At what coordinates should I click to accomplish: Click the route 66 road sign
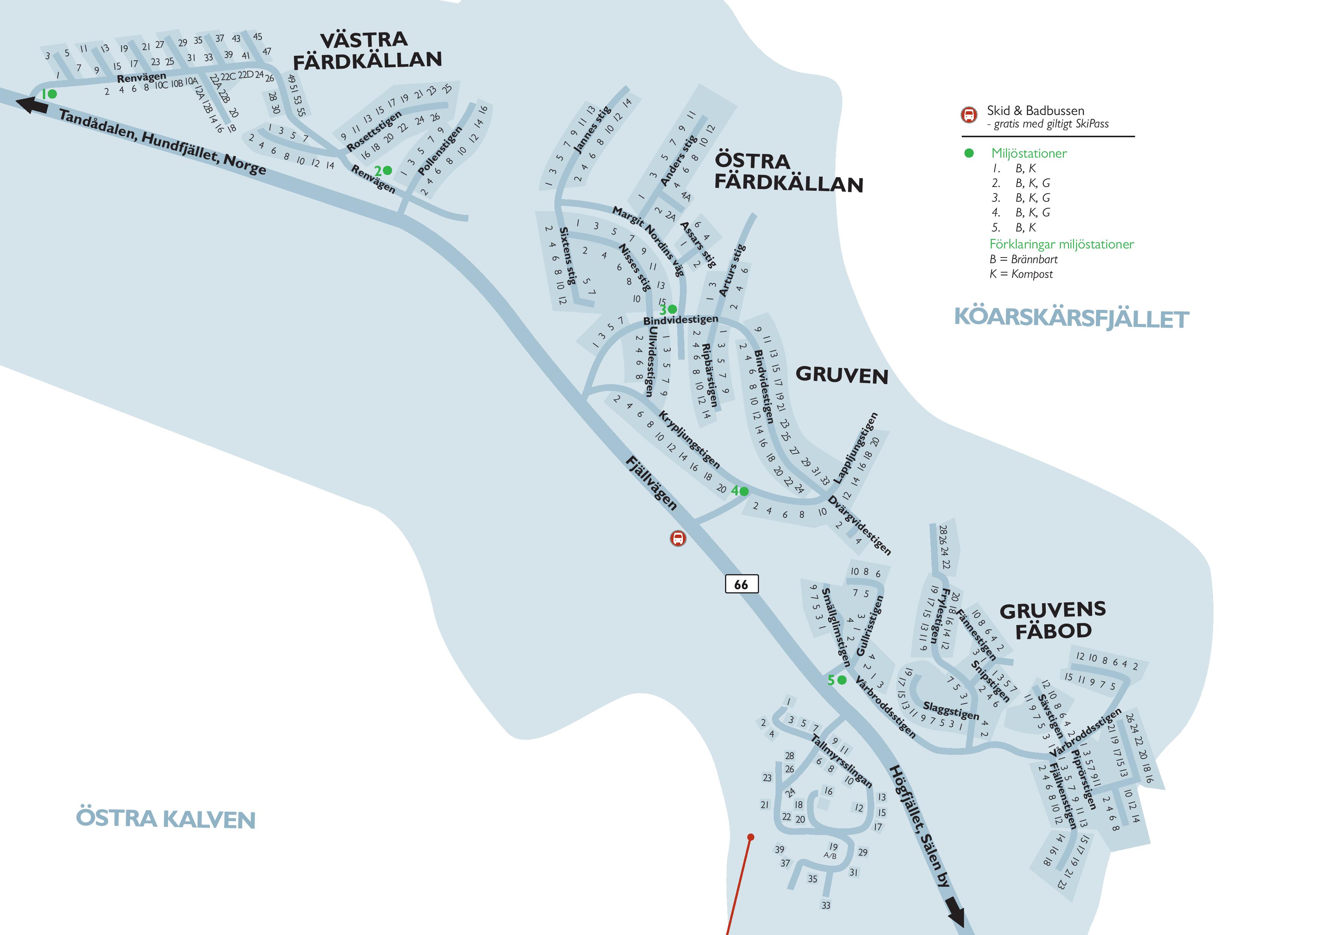(741, 584)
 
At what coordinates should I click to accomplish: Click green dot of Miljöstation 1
(52, 94)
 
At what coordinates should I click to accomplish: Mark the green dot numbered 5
(842, 681)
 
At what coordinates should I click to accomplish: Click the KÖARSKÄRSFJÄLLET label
(1071, 318)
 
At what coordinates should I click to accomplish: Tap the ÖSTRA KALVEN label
(166, 819)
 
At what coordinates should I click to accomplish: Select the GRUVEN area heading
(842, 375)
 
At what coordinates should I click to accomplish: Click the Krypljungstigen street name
(689, 439)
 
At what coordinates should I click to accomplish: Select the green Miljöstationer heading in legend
(1029, 153)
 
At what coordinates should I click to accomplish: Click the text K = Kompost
(1021, 274)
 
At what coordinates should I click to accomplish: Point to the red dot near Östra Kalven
(750, 837)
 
